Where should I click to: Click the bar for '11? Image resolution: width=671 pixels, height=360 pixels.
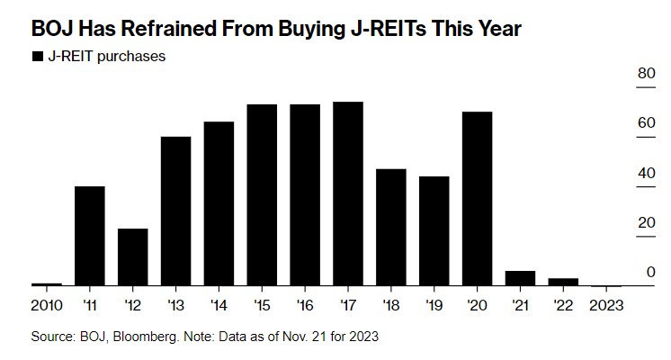[x=89, y=236]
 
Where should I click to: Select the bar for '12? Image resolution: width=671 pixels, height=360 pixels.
[x=132, y=256]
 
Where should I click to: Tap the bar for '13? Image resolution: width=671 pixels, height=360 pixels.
[x=175, y=211]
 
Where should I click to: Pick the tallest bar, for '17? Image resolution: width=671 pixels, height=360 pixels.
[x=348, y=193]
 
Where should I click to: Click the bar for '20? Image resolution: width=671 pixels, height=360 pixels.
[x=478, y=198]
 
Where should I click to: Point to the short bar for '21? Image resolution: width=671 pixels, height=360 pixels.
[x=521, y=278]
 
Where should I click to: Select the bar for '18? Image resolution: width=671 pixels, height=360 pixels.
[x=391, y=227]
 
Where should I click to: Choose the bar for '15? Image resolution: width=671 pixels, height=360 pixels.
[x=262, y=194]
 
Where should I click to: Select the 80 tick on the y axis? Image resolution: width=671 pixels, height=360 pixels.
[x=646, y=74]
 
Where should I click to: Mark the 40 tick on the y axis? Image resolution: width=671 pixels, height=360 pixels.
[x=646, y=173]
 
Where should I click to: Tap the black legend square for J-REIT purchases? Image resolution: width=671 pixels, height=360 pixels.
[x=37, y=57]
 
